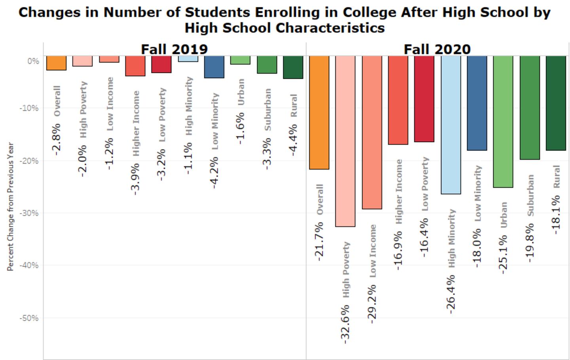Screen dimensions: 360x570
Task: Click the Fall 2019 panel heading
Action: coord(174,49)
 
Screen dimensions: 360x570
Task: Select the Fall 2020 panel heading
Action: coord(437,49)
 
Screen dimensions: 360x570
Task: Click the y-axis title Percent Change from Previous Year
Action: coord(11,207)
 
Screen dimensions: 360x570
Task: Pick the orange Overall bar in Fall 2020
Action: coord(319,112)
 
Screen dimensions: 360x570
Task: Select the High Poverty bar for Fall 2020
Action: coord(345,141)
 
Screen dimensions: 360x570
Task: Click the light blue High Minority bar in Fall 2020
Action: coord(451,125)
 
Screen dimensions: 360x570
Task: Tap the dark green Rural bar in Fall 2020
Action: coord(556,103)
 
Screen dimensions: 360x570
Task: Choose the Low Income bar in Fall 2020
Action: coord(372,132)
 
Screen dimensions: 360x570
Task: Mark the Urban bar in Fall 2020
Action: coord(503,122)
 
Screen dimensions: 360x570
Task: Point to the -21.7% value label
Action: coord(319,241)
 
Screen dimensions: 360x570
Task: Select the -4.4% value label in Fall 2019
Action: coord(293,140)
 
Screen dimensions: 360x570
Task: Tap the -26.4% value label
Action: coord(450,294)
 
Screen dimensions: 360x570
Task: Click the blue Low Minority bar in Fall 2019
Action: coord(214,67)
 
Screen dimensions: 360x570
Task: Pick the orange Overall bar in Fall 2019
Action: coord(56,63)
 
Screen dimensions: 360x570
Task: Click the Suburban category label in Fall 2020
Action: coord(530,195)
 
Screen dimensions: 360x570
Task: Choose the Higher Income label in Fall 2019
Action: coord(136,123)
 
